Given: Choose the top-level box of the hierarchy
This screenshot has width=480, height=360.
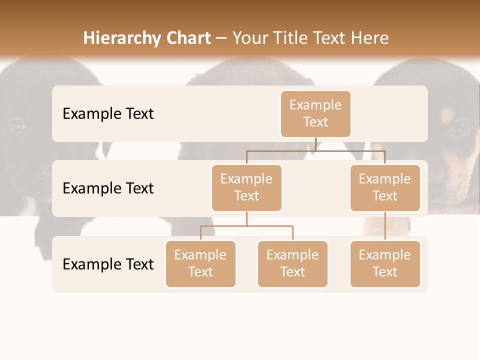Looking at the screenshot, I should click(x=315, y=113).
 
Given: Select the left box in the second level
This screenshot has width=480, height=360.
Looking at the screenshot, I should click(x=246, y=187).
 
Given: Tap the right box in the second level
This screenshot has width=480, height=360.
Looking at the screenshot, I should click(x=385, y=187).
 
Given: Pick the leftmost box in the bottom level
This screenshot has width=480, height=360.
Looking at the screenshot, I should click(x=200, y=263).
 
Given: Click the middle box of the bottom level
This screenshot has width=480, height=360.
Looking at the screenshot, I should click(x=292, y=263).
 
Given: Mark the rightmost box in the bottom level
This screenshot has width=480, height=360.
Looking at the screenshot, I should click(x=385, y=263).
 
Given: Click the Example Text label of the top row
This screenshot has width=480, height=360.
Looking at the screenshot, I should click(x=108, y=114).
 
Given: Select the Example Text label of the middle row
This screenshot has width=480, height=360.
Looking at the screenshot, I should click(x=108, y=188).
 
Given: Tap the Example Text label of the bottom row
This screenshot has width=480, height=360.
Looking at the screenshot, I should click(x=108, y=264).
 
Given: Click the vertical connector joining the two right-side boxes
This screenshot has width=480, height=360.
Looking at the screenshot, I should click(x=385, y=226).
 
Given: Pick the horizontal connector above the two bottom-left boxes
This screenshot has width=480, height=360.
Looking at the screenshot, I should click(x=246, y=226).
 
